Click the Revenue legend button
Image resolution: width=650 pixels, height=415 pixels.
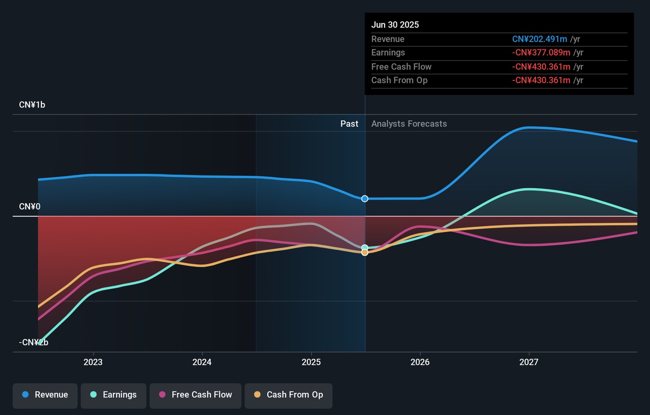[45, 395]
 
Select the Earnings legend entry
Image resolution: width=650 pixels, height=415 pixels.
[114, 395]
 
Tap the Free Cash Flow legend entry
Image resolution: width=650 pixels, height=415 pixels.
[196, 395]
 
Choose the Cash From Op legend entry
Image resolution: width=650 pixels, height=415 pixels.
[289, 395]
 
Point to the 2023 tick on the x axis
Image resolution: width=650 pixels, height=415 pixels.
[93, 362]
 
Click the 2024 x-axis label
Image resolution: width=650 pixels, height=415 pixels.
[202, 362]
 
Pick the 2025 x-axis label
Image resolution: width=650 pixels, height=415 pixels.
[311, 362]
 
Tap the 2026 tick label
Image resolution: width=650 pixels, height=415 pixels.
[420, 362]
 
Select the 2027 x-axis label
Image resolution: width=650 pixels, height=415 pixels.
[529, 362]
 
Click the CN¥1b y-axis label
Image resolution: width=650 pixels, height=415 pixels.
[32, 105]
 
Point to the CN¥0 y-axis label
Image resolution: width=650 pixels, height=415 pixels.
[30, 207]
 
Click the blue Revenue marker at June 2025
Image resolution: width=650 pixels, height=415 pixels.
[365, 199]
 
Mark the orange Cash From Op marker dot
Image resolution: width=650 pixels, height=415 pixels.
[365, 252]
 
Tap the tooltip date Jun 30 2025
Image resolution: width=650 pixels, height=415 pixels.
[395, 25]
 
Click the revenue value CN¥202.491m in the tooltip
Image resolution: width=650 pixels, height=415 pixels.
[539, 39]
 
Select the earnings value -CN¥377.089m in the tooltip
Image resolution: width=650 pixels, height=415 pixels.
[541, 53]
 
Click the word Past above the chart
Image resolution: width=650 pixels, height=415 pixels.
[349, 124]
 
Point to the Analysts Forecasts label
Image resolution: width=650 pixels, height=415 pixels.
[409, 124]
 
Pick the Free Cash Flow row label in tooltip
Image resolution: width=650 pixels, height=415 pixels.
[401, 67]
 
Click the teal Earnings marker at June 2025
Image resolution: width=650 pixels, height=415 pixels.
[365, 247]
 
